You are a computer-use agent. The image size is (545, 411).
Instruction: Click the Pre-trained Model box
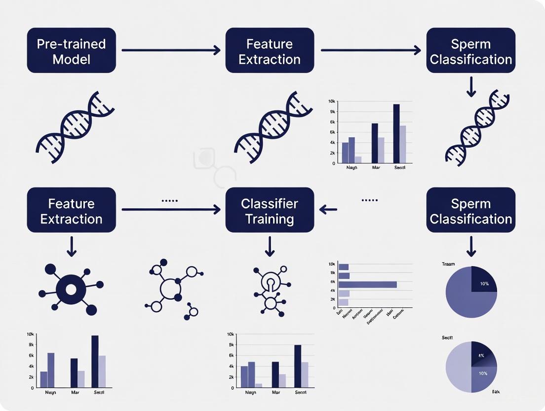72,50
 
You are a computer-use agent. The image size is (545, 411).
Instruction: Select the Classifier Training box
270,210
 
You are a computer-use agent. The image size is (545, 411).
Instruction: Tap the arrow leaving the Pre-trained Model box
170,50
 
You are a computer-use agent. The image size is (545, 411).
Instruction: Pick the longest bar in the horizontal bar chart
368,284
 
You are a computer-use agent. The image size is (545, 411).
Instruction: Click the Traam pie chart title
448,264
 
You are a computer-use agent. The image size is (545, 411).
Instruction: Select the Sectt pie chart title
448,337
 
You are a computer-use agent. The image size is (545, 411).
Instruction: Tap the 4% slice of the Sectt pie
479,356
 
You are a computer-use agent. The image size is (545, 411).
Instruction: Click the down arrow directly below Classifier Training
270,246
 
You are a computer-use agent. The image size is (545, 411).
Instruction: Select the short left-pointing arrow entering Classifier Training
328,210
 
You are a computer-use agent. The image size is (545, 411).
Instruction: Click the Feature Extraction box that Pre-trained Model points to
270,50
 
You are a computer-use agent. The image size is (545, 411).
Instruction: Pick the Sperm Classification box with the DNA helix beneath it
471,50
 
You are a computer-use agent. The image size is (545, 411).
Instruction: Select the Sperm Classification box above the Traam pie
471,210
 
